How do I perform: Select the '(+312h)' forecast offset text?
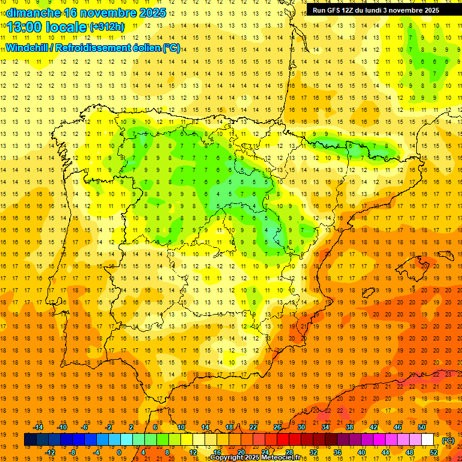[x=107, y=27]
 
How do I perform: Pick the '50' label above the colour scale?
[x=422, y=427]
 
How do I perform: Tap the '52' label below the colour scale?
[x=434, y=452]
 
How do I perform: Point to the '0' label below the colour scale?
[x=119, y=452]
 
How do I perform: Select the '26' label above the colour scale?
[x=277, y=427]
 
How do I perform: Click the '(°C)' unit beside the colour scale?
[x=448, y=440]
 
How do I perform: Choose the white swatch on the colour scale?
[x=428, y=440]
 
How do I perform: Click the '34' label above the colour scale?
[x=325, y=427]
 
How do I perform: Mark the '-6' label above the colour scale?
[x=85, y=427]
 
